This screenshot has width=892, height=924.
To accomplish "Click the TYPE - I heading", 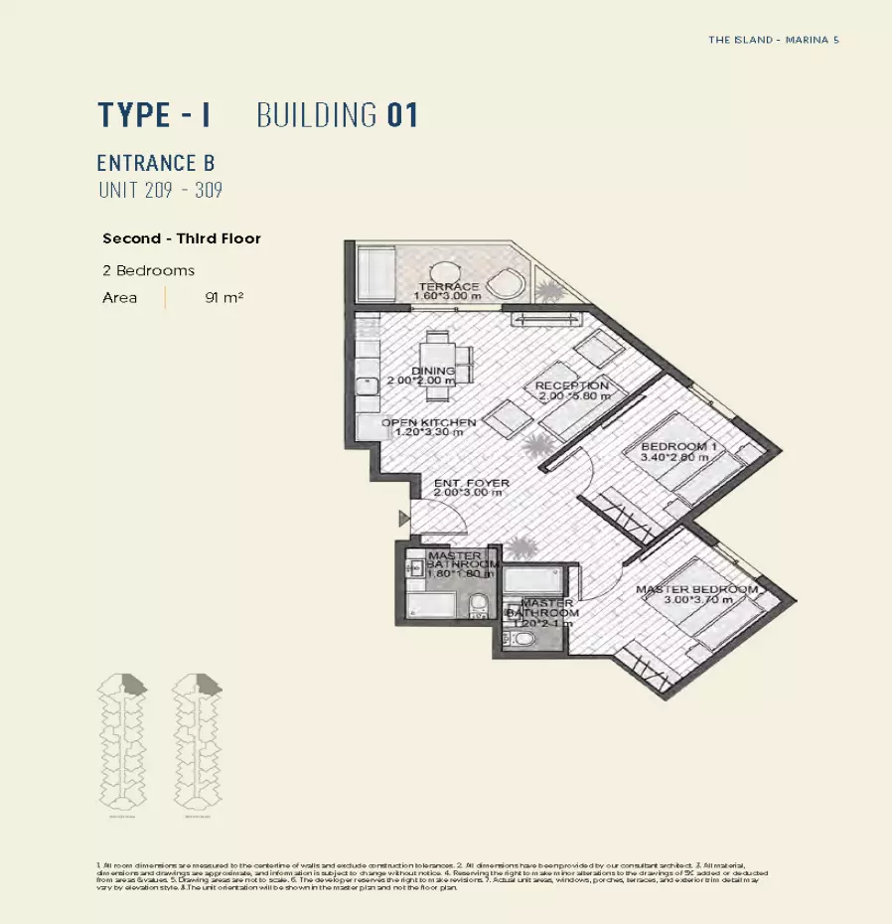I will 154,115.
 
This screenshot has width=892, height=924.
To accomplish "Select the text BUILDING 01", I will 337,115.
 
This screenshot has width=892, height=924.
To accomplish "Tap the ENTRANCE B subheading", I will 156,163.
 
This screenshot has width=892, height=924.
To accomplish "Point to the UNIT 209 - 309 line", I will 159,190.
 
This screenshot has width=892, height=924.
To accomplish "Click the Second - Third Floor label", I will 182,238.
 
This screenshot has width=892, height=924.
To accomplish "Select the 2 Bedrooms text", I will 148,270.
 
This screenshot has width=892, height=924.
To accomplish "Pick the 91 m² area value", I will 224,297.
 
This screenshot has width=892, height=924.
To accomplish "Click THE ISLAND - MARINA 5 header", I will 774,41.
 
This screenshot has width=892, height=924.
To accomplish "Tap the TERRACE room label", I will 448,287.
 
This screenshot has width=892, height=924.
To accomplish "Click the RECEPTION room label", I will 571,385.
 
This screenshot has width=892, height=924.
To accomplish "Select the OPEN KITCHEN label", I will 429,422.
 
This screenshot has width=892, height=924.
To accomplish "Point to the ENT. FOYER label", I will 472,484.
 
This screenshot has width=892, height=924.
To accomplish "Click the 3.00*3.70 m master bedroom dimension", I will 698,600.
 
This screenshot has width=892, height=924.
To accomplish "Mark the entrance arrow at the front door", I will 402,518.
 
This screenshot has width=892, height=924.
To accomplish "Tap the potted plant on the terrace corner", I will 547,289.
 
